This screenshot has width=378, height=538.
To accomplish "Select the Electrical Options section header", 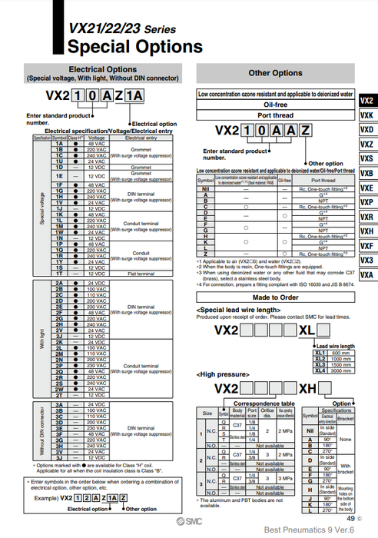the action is (103, 69).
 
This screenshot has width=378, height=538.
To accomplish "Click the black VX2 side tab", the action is (366, 101).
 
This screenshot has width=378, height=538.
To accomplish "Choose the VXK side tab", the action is (366, 115).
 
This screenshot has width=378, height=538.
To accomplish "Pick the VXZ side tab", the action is (366, 144).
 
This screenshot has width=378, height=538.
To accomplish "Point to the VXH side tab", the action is (366, 231).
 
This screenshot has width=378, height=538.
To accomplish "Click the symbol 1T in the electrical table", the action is (58, 274).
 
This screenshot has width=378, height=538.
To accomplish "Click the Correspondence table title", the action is (254, 402).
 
